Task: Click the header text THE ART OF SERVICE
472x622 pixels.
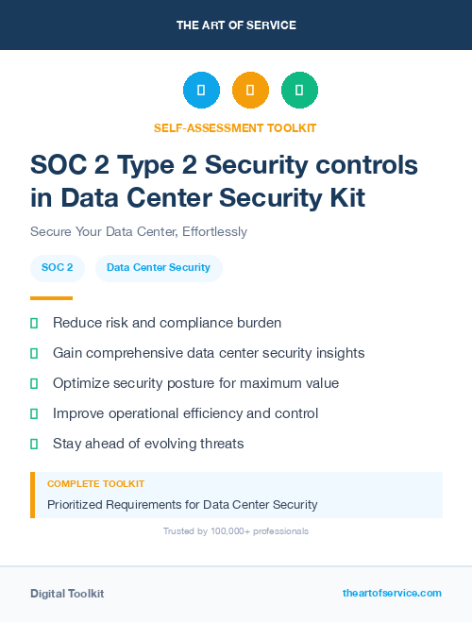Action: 236,25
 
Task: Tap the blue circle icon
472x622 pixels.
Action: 201,91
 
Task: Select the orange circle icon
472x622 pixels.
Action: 250,91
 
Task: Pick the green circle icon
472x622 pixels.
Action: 299,91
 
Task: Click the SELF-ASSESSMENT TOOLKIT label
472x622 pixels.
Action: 235,127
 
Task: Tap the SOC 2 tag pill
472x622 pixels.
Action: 58,268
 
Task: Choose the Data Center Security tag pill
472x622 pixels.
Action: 159,268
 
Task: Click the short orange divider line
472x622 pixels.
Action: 51,297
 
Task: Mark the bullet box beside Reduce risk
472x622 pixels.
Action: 34,323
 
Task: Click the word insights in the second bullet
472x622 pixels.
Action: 338,353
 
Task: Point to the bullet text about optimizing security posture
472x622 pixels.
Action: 195,383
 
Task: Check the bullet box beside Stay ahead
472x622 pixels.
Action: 34,444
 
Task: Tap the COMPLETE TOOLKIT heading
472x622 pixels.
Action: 95,484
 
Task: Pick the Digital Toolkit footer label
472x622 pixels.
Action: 67,594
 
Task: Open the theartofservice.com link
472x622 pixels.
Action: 392,594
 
